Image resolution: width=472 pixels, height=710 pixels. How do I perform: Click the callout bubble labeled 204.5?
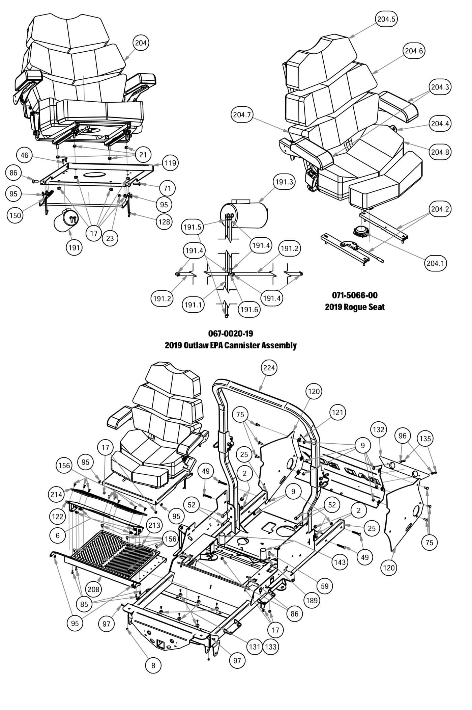386,19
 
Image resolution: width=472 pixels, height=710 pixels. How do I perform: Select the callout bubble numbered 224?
269,368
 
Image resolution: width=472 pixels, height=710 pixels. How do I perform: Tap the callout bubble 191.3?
284,182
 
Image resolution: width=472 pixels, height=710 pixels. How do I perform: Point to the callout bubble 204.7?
242,115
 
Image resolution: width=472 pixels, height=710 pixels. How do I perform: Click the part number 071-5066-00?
355,295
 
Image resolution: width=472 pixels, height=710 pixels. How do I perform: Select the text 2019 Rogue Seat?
355,307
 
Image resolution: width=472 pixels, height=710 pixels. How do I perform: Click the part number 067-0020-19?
231,333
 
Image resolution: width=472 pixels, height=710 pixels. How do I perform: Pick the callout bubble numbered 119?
170,163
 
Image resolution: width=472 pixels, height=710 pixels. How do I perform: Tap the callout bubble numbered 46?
25,155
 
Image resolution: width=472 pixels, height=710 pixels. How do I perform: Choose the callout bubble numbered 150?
15,215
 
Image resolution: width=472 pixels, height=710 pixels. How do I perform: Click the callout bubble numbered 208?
93,589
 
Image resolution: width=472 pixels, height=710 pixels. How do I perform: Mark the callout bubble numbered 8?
153,665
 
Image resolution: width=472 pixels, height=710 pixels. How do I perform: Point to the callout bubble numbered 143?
340,562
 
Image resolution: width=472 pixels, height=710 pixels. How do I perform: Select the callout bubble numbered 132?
379,430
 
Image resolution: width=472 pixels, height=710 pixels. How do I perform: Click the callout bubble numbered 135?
425,439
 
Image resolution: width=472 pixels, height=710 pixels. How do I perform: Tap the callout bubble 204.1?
435,263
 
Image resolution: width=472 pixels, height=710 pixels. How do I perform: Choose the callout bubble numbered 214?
56,495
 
